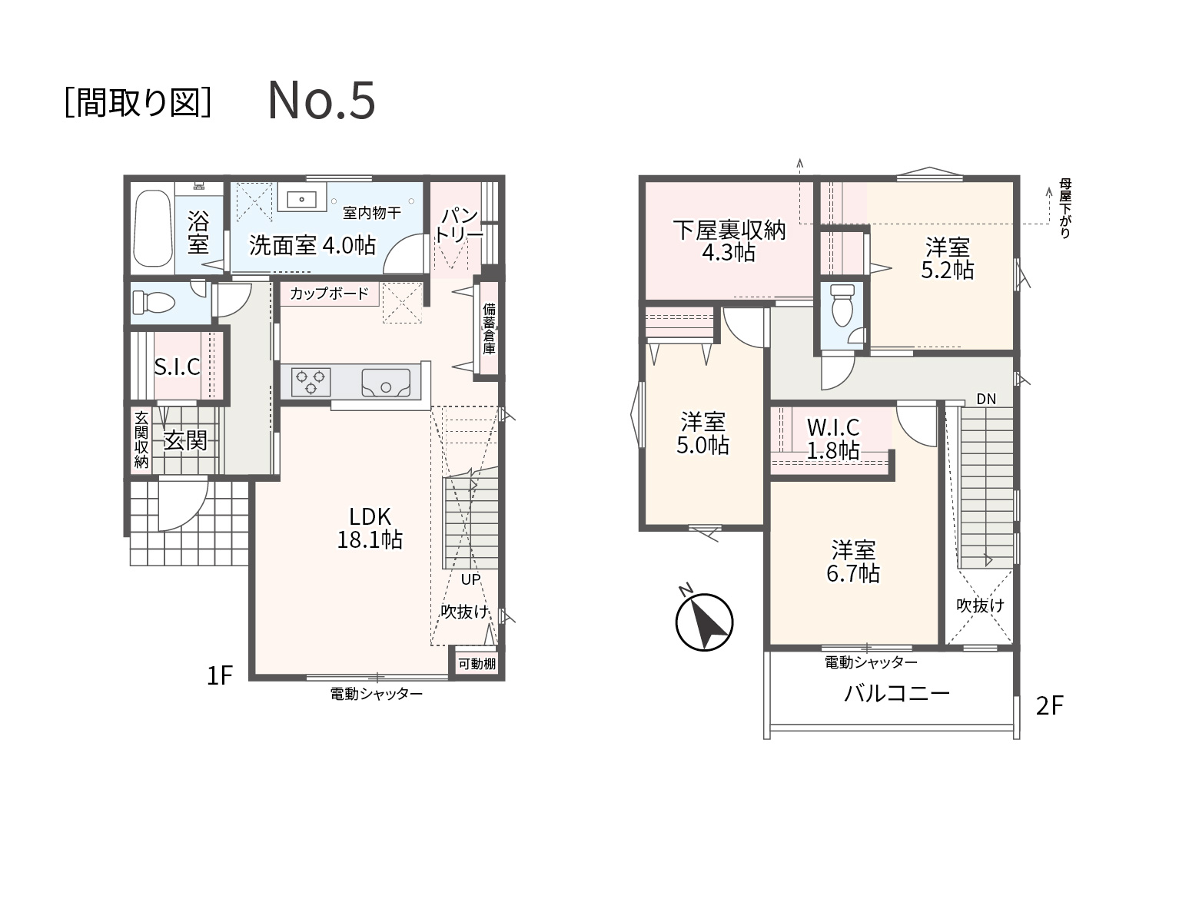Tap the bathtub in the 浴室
[152, 228]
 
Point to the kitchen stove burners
[311, 382]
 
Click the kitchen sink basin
[386, 383]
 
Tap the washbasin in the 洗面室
[302, 197]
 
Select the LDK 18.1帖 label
[370, 528]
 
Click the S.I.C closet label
[177, 367]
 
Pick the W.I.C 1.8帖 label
[833, 438]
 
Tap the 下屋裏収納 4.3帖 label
[729, 241]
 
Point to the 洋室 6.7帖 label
[853, 562]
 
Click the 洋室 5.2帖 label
[947, 259]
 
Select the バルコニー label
[897, 694]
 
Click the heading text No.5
[322, 100]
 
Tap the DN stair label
[986, 399]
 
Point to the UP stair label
[470, 579]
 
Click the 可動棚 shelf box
[477, 663]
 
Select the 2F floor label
[1049, 706]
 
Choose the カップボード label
[330, 294]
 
